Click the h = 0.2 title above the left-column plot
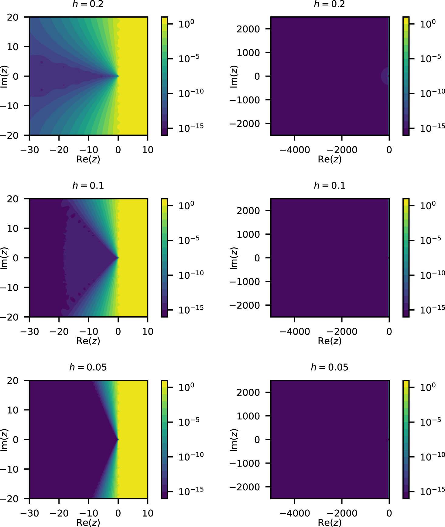coord(88,4)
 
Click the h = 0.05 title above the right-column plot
coord(329,367)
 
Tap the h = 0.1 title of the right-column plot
coord(329,185)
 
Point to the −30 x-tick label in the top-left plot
coord(29,150)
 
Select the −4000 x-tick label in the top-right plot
coord(294,150)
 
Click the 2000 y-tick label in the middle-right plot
coord(248,211)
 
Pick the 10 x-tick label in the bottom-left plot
coord(148,513)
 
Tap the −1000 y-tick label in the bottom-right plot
coord(245,463)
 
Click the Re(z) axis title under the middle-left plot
coord(88,341)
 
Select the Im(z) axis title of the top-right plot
coord(234,76)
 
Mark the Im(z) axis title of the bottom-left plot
coord(4,440)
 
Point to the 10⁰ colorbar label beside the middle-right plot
coord(428,206)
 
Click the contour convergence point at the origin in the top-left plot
coord(118,76)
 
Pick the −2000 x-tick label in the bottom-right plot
coord(342,513)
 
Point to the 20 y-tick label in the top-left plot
coord(13,17)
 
